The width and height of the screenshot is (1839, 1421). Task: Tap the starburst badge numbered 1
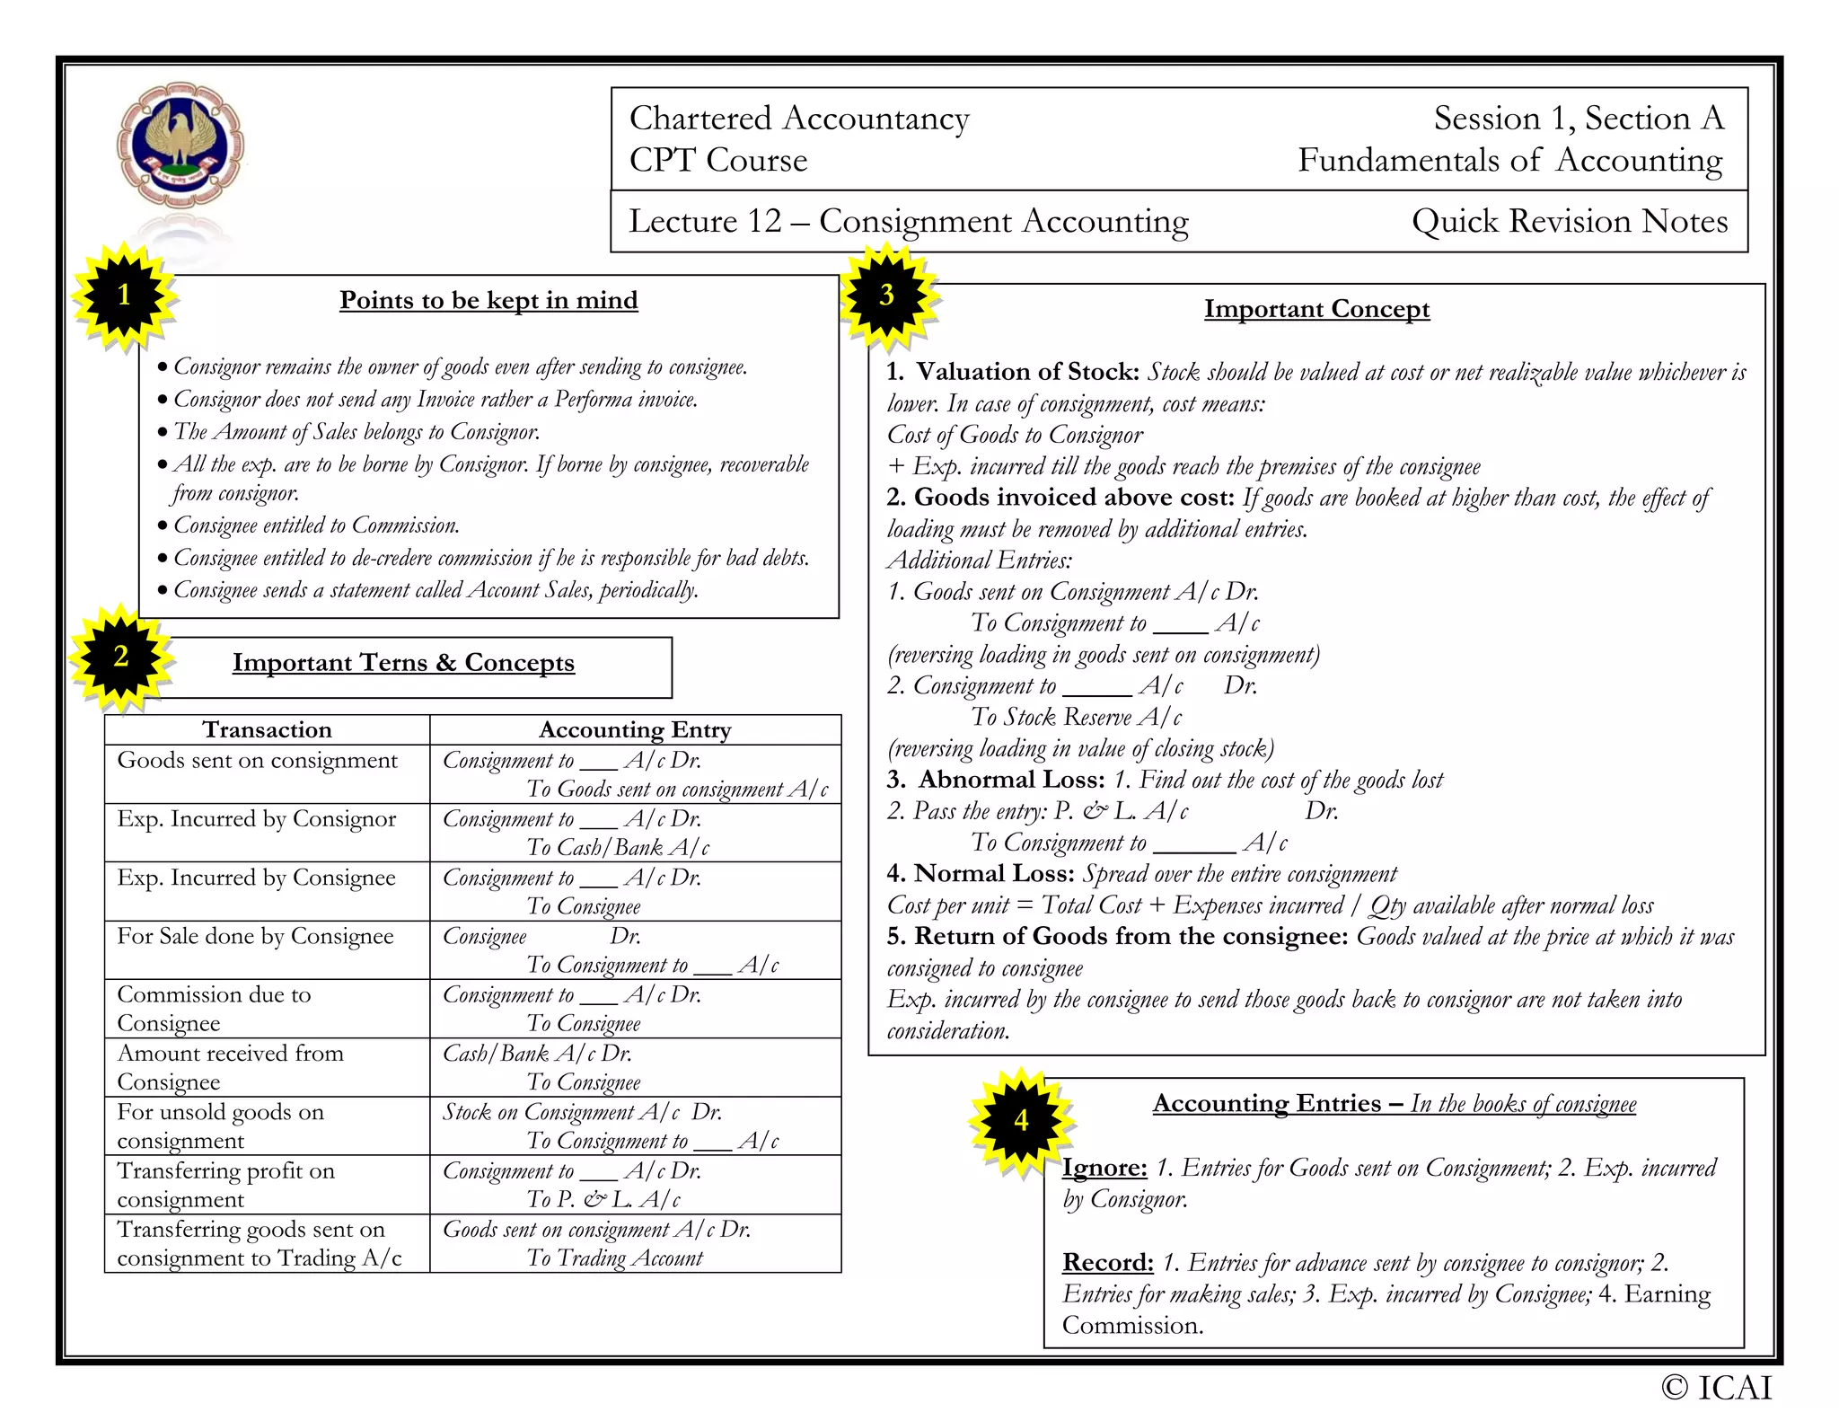[124, 296]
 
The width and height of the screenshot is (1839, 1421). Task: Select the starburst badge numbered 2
[121, 657]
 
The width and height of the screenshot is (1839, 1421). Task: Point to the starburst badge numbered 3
[887, 296]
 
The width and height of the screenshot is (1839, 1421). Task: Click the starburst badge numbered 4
[1021, 1121]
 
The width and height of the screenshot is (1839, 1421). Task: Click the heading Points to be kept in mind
[488, 300]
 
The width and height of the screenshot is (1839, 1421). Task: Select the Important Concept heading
[1316, 309]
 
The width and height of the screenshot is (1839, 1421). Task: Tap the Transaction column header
[267, 729]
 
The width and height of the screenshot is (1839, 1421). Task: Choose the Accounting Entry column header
[635, 729]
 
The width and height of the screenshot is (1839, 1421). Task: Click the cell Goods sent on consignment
[257, 761]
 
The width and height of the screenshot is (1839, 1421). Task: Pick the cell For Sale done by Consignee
[255, 936]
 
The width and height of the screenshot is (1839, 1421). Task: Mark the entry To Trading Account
[614, 1258]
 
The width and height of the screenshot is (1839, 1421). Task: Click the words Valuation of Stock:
[1027, 372]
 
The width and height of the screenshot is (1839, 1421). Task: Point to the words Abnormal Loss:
[1011, 780]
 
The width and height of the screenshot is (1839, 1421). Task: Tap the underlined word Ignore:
[1104, 1168]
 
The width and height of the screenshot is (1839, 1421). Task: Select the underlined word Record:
[1107, 1263]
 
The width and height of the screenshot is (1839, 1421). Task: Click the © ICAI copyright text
[1716, 1388]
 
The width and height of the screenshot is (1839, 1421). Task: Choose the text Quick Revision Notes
[1569, 221]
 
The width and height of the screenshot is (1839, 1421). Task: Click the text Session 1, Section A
[1578, 119]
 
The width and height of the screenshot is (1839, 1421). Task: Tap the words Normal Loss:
[994, 874]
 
